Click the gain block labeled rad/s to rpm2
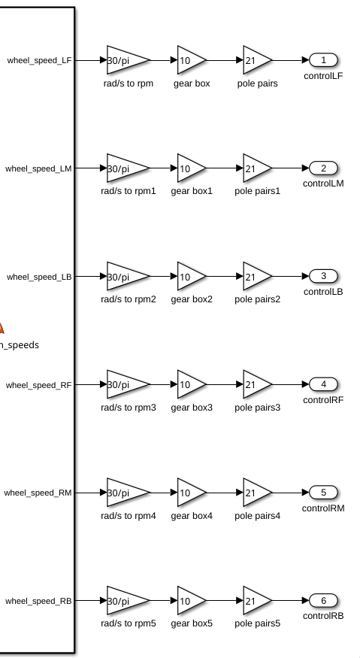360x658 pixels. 128,276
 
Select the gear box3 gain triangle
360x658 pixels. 192,384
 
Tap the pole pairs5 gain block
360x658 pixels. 257,601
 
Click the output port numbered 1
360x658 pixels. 323,60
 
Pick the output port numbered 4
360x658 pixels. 323,384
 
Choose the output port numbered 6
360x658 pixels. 323,601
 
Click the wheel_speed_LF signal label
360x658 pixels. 39,60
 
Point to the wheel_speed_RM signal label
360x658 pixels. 38,493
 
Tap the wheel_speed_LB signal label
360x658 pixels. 39,277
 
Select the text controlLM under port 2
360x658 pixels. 323,183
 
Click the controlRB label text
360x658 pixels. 323,616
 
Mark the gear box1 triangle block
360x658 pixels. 192,168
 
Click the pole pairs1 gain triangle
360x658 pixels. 257,168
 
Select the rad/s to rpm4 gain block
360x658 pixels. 128,493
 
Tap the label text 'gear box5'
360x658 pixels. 192,623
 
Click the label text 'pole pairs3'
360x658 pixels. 257,408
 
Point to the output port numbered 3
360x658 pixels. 323,276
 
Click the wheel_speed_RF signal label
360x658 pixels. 39,385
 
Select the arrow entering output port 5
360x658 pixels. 291,493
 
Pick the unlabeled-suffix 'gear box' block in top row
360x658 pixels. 192,60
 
